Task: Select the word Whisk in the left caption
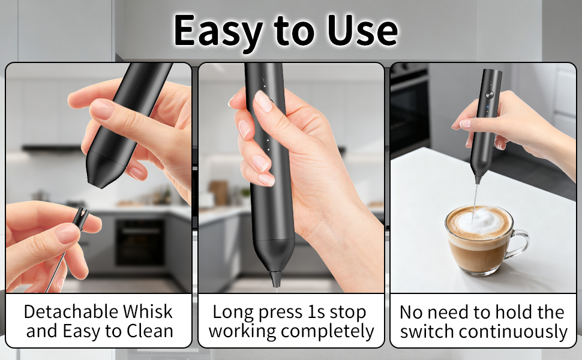pos(148,311)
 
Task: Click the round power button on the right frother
pos(490,94)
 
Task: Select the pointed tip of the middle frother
pos(277,280)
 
